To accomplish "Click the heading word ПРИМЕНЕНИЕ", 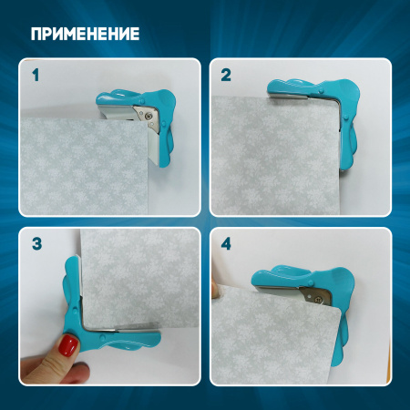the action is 85,34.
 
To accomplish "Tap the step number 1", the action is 36,75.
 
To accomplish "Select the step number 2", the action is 226,75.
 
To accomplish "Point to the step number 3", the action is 36,243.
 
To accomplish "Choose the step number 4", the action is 226,243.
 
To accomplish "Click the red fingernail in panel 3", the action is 68,345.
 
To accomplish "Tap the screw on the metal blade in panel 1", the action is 149,115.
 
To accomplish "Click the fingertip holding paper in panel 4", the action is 215,290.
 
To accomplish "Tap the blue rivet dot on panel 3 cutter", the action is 103,337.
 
